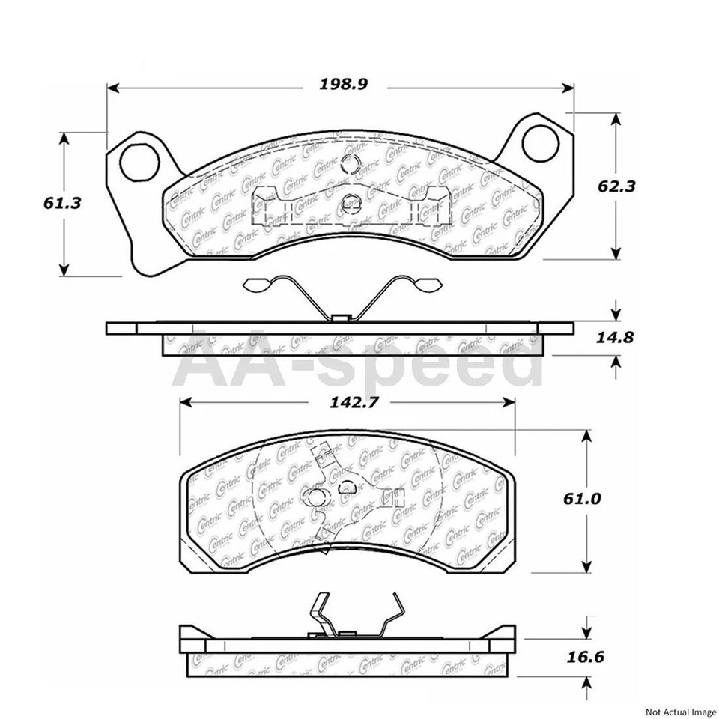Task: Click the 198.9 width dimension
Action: [x=342, y=85]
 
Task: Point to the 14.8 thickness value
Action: [x=615, y=337]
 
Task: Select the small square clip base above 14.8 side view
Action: [x=341, y=318]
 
